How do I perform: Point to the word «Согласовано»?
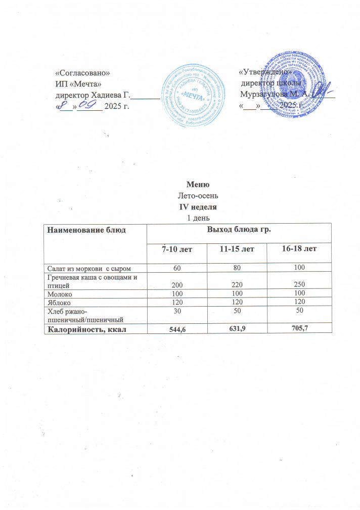pos(81,73)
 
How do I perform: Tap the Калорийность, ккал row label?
pos(87,329)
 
